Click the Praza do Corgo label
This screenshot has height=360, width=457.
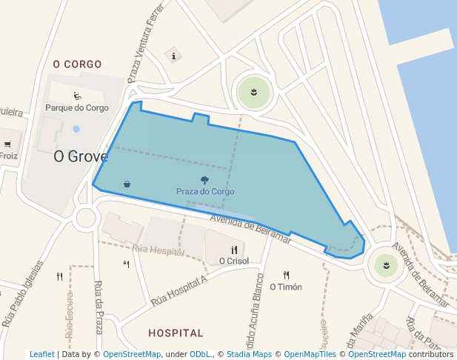coord(204,191)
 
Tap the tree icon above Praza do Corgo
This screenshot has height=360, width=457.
coord(204,180)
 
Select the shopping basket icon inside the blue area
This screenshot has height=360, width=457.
coord(127,184)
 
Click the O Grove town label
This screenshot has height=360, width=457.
coord(81,157)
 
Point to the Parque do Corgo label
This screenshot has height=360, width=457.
coord(77,107)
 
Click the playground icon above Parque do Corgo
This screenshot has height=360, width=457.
coord(77,96)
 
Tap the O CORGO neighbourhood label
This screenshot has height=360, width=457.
coord(77,64)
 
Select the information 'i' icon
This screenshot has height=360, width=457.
coord(173,56)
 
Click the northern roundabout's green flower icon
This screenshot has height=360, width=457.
coord(254,93)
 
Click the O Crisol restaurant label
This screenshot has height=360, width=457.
coord(234,261)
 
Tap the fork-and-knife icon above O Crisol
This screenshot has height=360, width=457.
coord(234,250)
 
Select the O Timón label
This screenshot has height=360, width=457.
coord(286,287)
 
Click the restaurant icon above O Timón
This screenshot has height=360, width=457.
coord(286,275)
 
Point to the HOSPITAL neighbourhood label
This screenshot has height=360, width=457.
coord(176,333)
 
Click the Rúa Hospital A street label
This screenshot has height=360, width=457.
coord(179,290)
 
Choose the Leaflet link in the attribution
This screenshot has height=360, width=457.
coord(42,355)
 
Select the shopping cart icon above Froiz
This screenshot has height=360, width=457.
coord(7,144)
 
